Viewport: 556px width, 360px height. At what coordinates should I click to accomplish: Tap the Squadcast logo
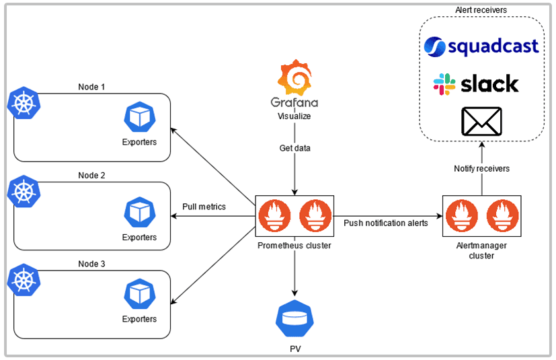pos(481,46)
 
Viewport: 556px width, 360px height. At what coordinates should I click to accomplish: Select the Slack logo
pos(476,84)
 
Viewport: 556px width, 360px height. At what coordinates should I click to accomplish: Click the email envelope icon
pos(481,122)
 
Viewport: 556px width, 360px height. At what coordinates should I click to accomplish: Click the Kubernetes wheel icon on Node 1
pos(24,103)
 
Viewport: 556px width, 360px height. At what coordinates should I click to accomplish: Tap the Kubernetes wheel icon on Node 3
pos(24,281)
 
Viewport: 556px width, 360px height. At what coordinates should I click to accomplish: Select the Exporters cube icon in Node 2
pos(140,212)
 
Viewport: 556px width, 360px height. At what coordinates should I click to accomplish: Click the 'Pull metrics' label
pos(204,207)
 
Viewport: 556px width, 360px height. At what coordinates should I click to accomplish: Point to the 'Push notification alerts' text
pos(385,223)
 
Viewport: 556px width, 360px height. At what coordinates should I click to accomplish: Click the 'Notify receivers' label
pos(481,168)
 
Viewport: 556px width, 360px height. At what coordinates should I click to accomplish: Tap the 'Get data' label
pos(294,148)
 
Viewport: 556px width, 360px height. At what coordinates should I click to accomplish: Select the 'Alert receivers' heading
pos(481,9)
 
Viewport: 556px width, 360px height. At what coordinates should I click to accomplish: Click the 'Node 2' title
pos(91,175)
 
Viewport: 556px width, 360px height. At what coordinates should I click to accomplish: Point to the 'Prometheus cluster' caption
pos(294,246)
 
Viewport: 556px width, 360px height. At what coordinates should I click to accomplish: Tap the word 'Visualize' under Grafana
pos(294,116)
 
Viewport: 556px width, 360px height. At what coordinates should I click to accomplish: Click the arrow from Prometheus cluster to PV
pos(294,276)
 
